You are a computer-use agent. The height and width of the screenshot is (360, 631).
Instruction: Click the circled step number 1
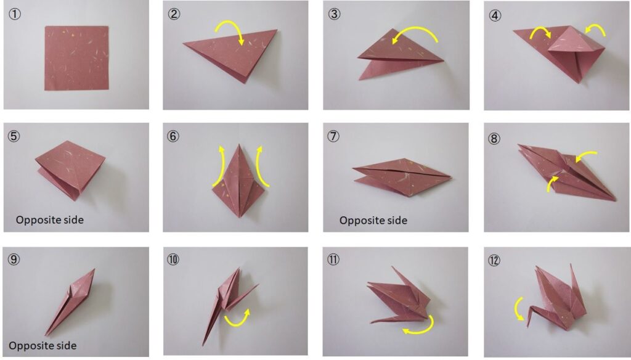pos(15,14)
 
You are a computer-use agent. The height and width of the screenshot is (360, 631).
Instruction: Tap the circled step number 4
pos(495,15)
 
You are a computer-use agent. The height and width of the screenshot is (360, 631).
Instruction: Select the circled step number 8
pos(494,139)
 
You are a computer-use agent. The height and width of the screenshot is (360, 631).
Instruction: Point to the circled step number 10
pos(173,260)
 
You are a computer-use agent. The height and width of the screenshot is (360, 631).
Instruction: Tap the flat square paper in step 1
pos(76,58)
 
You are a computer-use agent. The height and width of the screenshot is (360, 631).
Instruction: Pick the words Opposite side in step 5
pos(50,220)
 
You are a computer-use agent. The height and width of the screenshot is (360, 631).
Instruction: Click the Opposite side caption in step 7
pos(373,220)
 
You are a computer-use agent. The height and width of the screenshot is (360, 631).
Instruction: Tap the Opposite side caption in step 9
pos(43,345)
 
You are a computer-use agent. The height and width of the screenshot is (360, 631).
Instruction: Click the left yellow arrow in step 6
pos(219,165)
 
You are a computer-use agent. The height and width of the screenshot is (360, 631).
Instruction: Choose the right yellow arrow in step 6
pos(261,165)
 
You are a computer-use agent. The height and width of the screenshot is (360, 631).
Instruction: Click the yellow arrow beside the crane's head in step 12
pos(517,308)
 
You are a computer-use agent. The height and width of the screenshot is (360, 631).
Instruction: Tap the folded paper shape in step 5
pos(70,170)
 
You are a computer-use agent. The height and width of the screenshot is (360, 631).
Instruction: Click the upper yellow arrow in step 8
pos(585,155)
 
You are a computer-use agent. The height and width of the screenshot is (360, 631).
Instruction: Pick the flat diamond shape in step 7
pos(402,177)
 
